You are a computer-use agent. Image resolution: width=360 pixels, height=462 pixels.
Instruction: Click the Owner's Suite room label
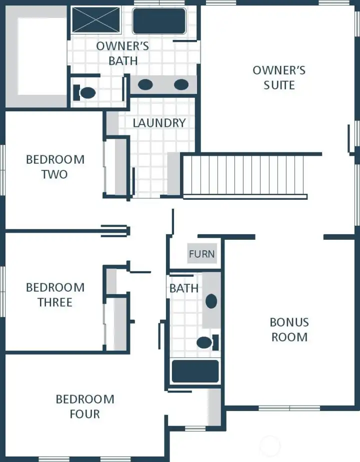(279, 77)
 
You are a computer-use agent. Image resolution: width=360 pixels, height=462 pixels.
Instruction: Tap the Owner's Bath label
(123, 53)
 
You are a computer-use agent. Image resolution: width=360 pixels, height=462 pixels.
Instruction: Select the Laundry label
(159, 123)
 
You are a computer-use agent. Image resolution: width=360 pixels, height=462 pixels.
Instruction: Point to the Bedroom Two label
(55, 167)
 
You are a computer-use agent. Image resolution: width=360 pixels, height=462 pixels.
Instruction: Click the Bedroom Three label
(55, 295)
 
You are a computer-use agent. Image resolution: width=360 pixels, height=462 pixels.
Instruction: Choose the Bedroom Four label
(85, 407)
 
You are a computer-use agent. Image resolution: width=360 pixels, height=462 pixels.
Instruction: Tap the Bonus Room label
(289, 330)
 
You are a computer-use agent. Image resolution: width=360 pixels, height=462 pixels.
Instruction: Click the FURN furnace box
(201, 254)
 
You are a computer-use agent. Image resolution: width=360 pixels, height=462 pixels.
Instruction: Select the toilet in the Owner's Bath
(85, 92)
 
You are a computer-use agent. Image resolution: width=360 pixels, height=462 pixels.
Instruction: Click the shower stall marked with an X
(96, 20)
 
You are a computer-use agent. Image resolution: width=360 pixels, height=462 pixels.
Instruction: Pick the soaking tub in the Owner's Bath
(159, 21)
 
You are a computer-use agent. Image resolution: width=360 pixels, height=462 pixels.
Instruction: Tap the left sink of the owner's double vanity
(145, 84)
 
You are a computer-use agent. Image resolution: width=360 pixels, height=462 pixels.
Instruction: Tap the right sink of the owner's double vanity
(181, 84)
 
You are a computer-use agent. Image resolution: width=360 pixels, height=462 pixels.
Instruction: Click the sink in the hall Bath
(211, 301)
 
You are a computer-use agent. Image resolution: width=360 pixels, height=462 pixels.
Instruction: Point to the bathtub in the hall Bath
(195, 371)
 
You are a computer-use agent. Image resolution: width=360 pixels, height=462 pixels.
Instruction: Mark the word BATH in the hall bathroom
(183, 288)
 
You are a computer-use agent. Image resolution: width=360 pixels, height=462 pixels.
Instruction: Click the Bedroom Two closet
(120, 167)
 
